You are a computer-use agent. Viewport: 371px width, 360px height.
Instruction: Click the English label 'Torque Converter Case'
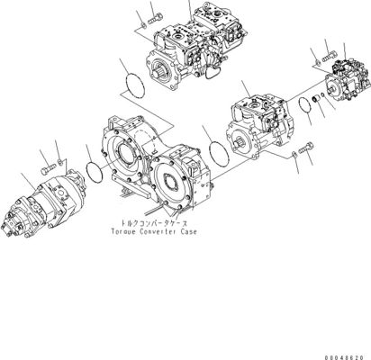click(x=154, y=231)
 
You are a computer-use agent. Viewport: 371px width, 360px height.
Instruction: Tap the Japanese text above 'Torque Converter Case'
click(x=154, y=223)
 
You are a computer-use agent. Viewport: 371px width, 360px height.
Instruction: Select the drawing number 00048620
click(x=344, y=357)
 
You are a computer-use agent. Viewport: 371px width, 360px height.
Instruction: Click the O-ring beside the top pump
click(x=135, y=85)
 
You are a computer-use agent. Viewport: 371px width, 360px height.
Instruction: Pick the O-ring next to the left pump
click(x=95, y=172)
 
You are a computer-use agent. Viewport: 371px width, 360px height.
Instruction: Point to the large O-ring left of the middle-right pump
click(x=219, y=154)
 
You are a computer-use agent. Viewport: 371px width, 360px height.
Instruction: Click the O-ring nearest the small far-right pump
click(x=305, y=106)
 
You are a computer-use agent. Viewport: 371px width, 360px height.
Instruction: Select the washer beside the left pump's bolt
click(x=61, y=162)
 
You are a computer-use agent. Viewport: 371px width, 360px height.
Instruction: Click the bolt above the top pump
click(x=155, y=18)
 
